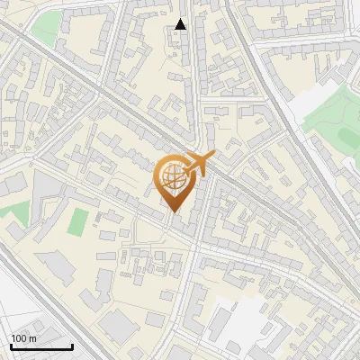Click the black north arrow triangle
tap(181, 24)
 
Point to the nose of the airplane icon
tap(214, 155)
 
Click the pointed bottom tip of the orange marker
tap(173, 212)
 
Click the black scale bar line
tap(41, 346)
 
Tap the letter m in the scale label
tap(32, 338)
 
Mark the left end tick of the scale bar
tap(11, 345)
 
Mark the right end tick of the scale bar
tap(72, 345)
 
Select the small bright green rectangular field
tap(80, 220)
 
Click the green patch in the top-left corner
tap(45, 29)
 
